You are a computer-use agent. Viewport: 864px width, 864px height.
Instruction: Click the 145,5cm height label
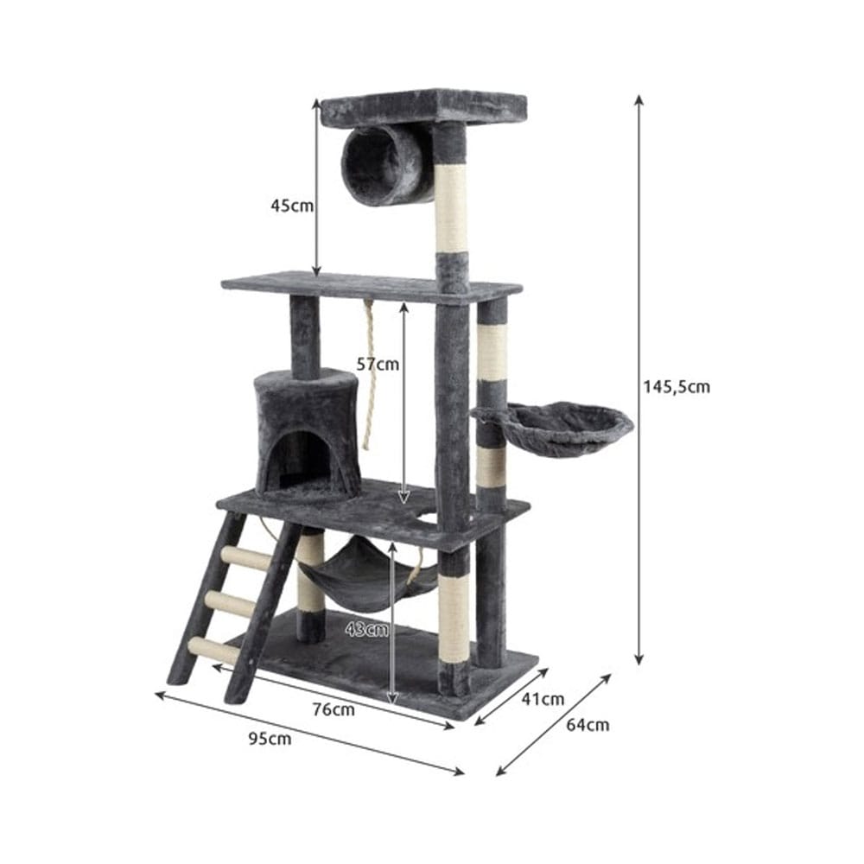coord(677,387)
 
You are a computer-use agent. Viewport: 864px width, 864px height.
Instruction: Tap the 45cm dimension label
coord(292,206)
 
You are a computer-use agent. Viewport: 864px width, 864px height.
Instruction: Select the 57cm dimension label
coord(378,364)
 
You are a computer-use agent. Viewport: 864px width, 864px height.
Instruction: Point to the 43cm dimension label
coord(367,629)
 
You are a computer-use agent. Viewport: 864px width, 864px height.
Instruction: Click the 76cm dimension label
coord(334,709)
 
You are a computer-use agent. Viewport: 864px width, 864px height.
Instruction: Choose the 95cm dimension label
coord(270,739)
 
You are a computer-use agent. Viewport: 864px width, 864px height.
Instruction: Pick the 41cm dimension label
coord(543,699)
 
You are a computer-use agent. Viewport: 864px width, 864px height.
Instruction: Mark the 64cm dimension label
coord(588,724)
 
